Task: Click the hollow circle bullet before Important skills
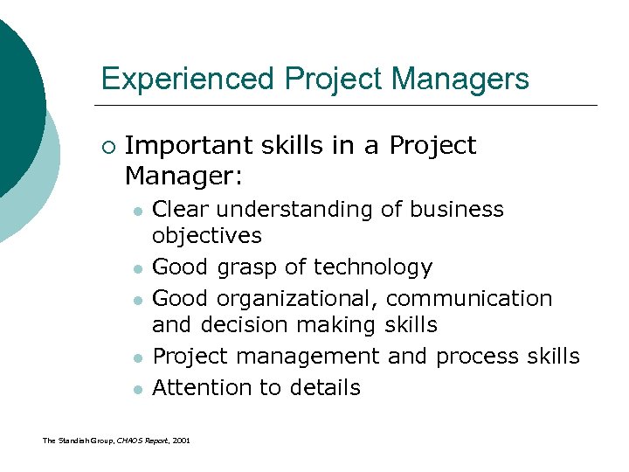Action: pos(107,146)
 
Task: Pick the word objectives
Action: pos(207,236)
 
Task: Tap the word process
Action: pos(477,357)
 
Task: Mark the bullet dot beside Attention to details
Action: pos(137,389)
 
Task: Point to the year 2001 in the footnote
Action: pos(180,440)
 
